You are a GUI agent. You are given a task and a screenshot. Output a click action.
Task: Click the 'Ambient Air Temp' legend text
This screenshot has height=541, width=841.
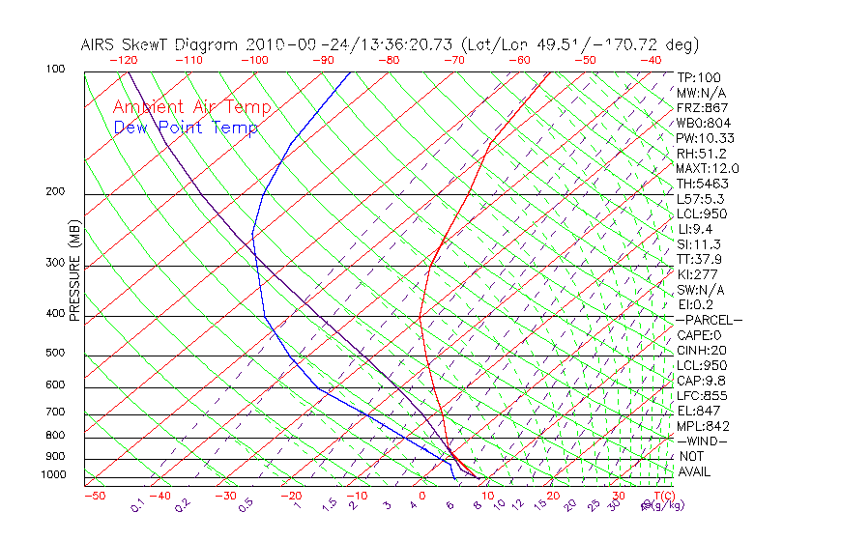191,107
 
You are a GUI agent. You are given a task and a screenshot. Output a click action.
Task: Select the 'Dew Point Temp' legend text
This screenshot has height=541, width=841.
186,128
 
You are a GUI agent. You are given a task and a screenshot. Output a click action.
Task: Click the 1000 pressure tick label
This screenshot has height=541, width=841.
54,474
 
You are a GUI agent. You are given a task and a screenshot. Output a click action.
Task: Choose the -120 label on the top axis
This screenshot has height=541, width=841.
123,61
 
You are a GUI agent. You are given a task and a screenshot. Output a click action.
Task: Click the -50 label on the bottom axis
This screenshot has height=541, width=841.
94,496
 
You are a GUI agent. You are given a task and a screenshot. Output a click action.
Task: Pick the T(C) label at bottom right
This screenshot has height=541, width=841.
660,496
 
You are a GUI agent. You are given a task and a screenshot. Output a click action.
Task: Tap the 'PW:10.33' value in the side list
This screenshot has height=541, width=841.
700,138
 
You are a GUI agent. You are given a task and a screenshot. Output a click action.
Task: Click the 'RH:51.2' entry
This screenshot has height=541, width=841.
701,154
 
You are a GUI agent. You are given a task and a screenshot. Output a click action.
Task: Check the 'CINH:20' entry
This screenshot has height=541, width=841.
702,350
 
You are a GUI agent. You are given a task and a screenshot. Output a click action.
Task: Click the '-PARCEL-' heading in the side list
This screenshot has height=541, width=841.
709,320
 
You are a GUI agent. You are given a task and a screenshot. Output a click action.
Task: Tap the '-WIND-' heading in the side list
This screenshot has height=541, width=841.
703,441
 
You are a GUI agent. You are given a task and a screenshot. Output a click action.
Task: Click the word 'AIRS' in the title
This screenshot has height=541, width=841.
100,45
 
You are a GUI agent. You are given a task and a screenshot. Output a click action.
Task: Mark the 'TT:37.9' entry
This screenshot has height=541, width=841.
700,259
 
